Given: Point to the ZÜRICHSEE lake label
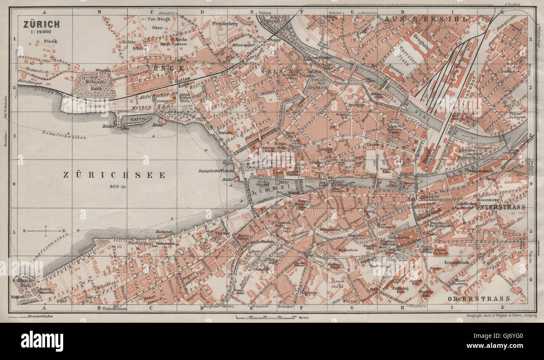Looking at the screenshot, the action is [x=114, y=175].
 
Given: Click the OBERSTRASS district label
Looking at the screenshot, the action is [x=478, y=298].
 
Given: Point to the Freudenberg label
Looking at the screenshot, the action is [x=225, y=24].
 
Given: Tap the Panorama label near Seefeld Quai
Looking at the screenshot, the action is [x=165, y=243].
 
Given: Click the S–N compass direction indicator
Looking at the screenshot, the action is [x=45, y=230].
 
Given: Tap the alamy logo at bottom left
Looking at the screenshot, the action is [x=42, y=341].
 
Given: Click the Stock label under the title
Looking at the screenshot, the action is [x=50, y=41].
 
